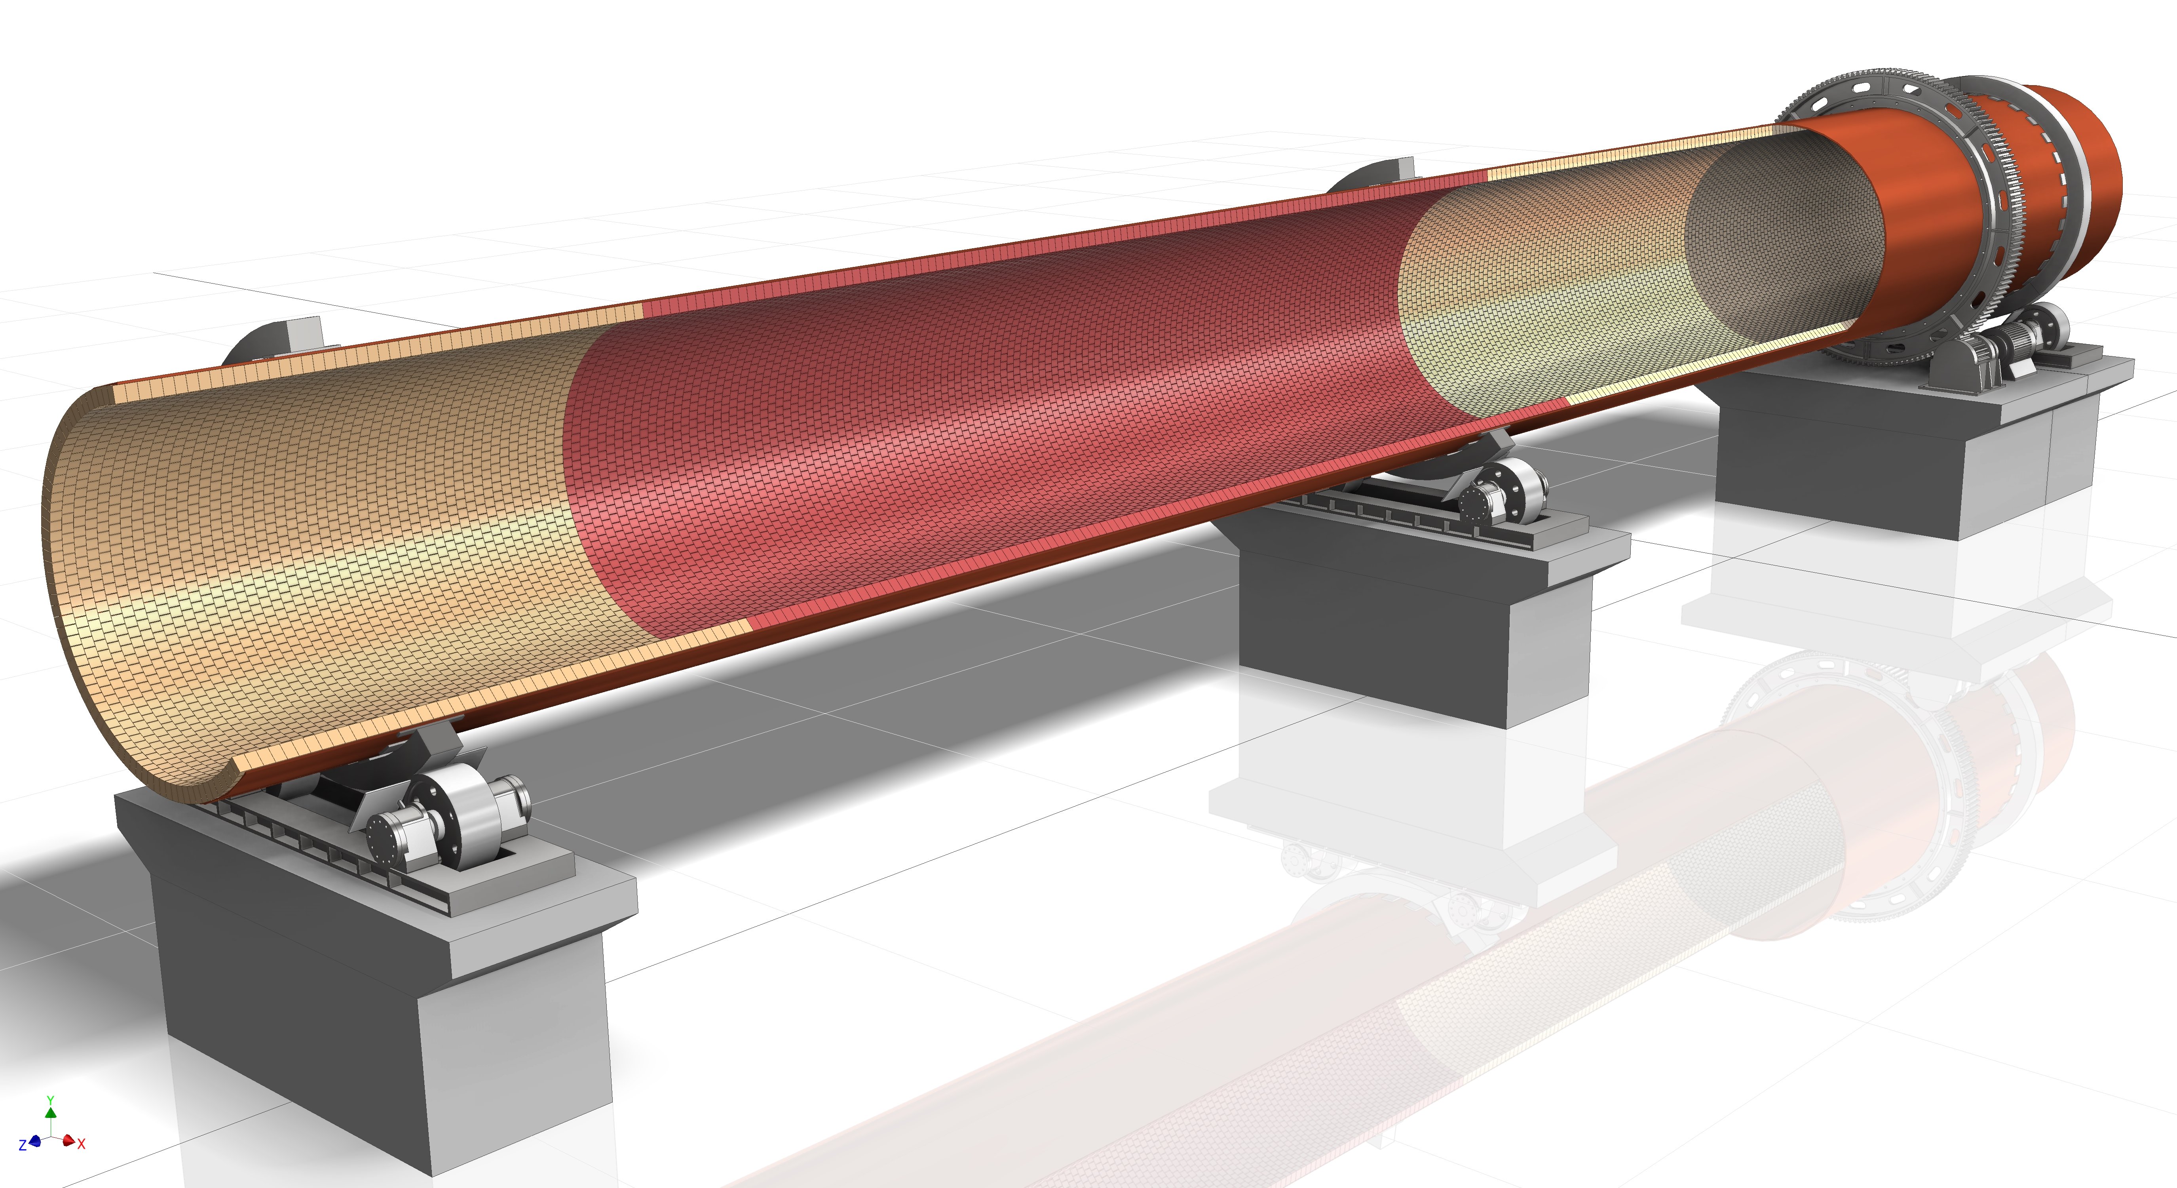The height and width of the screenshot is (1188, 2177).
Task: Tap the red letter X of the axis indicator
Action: pos(81,1144)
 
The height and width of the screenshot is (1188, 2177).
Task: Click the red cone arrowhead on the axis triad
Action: pos(68,1140)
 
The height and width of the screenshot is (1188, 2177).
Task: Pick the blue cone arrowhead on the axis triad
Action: pos(35,1142)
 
